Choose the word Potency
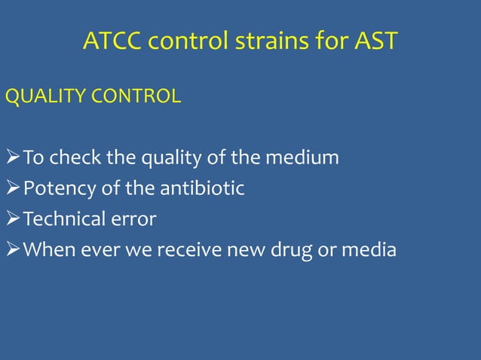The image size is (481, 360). (x=59, y=188)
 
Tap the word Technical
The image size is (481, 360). (x=66, y=219)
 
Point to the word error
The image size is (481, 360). (x=136, y=219)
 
